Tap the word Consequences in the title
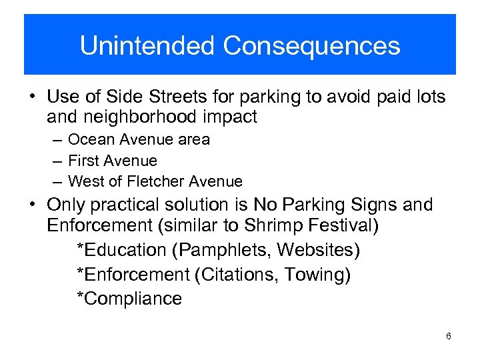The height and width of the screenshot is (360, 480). pyautogui.click(x=311, y=46)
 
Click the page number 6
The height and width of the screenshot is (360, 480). pyautogui.click(x=449, y=336)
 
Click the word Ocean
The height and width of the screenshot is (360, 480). pyautogui.click(x=90, y=139)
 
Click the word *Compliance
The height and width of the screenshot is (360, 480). pyautogui.click(x=129, y=299)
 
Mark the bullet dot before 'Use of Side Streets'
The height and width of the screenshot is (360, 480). pyautogui.click(x=31, y=97)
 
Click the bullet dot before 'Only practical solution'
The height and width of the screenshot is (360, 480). pyautogui.click(x=31, y=205)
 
